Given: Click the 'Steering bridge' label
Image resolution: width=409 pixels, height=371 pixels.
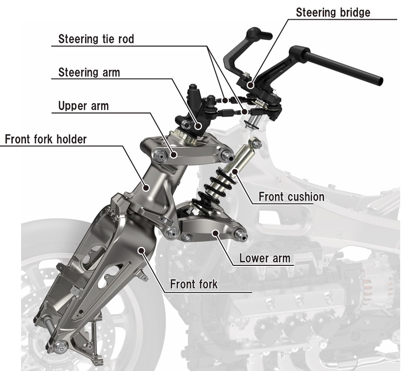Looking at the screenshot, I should pyautogui.click(x=333, y=12).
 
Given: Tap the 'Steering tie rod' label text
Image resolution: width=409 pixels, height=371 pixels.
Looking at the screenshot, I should pyautogui.click(x=96, y=39).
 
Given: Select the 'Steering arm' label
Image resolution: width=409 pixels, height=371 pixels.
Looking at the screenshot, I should pyautogui.click(x=89, y=72).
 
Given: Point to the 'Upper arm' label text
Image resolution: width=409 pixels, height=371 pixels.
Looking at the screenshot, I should pyautogui.click(x=83, y=106).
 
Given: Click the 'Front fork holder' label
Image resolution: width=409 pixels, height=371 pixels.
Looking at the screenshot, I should pyautogui.click(x=45, y=139).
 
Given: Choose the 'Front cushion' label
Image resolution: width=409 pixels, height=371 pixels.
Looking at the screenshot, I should pyautogui.click(x=291, y=197).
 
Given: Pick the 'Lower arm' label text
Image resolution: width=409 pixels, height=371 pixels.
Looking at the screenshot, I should pyautogui.click(x=265, y=257).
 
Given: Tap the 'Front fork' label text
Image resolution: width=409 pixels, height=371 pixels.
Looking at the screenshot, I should pyautogui.click(x=193, y=284).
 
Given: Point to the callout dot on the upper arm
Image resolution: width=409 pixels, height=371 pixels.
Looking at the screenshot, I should pyautogui.click(x=174, y=155).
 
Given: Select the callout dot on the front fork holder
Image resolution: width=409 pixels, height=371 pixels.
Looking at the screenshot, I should pyautogui.click(x=146, y=186).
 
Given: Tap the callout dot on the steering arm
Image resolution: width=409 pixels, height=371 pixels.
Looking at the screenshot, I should pyautogui.click(x=198, y=126).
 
